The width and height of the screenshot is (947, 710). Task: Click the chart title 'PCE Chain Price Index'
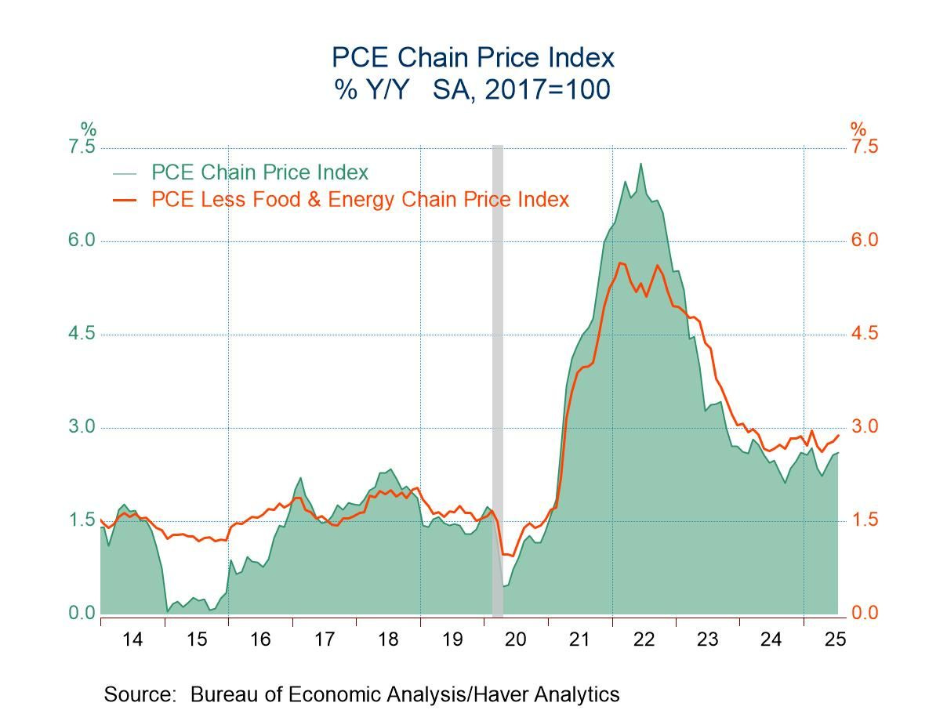pyautogui.click(x=473, y=57)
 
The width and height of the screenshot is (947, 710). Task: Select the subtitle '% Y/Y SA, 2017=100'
pyautogui.click(x=473, y=90)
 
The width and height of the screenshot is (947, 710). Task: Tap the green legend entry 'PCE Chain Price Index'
pyautogui.click(x=259, y=172)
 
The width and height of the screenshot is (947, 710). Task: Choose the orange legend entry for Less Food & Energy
pyautogui.click(x=360, y=200)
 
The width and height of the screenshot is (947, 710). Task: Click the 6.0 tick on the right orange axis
pyautogui.click(x=864, y=241)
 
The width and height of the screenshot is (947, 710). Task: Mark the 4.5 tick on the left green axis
pyautogui.click(x=82, y=334)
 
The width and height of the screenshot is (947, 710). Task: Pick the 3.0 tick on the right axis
pyautogui.click(x=864, y=427)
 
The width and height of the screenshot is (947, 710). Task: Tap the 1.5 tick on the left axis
pyautogui.click(x=82, y=520)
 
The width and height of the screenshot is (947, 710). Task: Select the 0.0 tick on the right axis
pyautogui.click(x=864, y=614)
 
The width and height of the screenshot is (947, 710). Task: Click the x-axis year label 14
pyautogui.click(x=132, y=639)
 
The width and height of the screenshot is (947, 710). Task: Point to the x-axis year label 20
pyautogui.click(x=515, y=639)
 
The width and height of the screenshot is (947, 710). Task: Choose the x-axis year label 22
pyautogui.click(x=644, y=639)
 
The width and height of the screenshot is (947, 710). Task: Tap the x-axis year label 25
pyautogui.click(x=835, y=639)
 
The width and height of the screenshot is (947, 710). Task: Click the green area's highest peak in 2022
pyautogui.click(x=640, y=164)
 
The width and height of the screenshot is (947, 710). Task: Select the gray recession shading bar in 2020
pyautogui.click(x=497, y=376)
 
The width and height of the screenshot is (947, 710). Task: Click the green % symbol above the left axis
pyautogui.click(x=88, y=129)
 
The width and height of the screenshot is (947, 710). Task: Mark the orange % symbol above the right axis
pyautogui.click(x=858, y=129)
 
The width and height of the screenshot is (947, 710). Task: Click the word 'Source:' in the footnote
pyautogui.click(x=142, y=694)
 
